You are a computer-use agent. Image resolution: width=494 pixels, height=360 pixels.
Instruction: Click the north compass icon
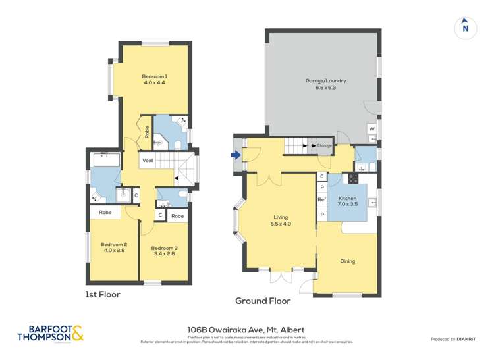point(465,26)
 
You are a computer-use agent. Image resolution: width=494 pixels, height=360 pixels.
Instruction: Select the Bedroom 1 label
point(154,80)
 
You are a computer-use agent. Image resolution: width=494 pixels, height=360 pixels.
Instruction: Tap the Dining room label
point(347,261)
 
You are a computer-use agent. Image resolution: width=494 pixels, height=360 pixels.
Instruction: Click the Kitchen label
point(347,201)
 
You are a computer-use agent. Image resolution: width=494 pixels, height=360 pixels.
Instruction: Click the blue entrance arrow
point(235,156)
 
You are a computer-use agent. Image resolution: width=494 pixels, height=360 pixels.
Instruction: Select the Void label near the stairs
point(148,160)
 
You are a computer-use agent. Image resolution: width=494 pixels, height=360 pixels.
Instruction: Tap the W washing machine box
point(372,128)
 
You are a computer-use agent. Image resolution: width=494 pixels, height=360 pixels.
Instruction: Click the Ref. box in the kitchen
point(322,200)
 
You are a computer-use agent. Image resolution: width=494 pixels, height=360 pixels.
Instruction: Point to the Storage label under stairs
point(324,145)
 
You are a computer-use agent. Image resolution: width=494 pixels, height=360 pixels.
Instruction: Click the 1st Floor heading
point(103,295)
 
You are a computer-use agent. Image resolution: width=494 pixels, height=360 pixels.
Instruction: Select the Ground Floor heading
point(263,301)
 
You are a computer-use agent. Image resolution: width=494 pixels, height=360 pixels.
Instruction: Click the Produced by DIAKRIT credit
point(453,339)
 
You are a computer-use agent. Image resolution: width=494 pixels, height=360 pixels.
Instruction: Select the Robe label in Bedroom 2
point(105,213)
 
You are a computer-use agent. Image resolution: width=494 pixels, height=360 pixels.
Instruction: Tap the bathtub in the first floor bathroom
point(106,159)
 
